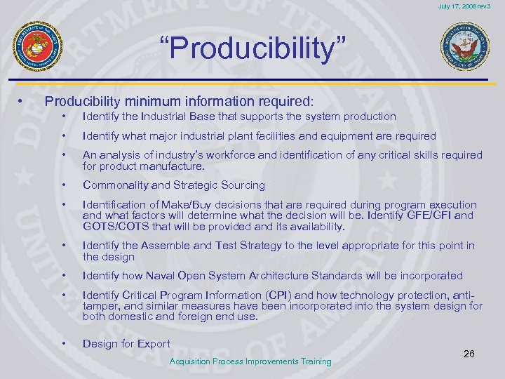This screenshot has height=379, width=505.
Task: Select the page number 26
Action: pyautogui.click(x=469, y=353)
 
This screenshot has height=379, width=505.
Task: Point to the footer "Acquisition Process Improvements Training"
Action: pyautogui.click(x=251, y=361)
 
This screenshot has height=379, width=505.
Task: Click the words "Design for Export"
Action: pyautogui.click(x=126, y=343)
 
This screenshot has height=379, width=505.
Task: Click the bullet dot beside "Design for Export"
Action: pyautogui.click(x=64, y=343)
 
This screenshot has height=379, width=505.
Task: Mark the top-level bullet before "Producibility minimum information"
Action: pyautogui.click(x=22, y=101)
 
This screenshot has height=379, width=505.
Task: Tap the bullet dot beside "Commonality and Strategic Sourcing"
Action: pyautogui.click(x=64, y=185)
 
